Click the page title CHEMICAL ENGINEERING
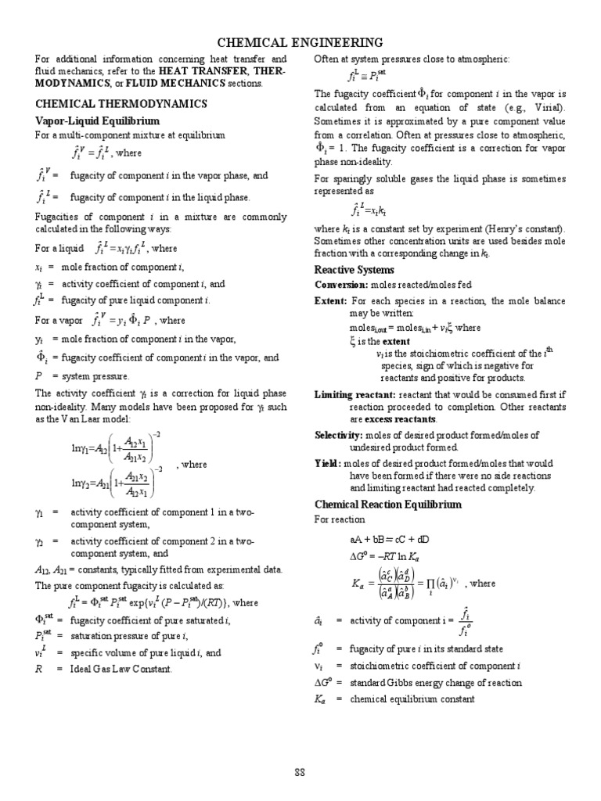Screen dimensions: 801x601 tap(300, 42)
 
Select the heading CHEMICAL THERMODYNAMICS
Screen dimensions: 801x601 tap(121, 103)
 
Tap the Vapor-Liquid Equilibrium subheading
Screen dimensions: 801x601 tap(97, 121)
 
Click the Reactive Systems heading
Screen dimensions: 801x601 tap(354, 270)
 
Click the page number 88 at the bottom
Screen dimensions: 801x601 tap(300, 773)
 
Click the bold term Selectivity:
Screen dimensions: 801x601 tap(338, 435)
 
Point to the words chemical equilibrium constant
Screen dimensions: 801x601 tap(412, 699)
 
